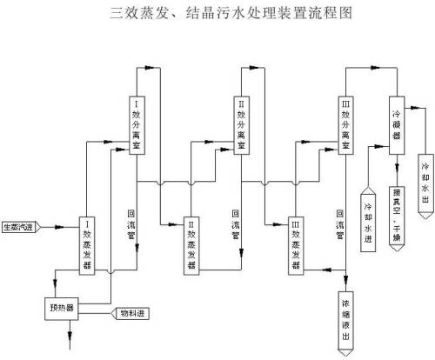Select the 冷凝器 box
tap(397, 123)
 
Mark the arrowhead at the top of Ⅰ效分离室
tap(153, 68)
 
